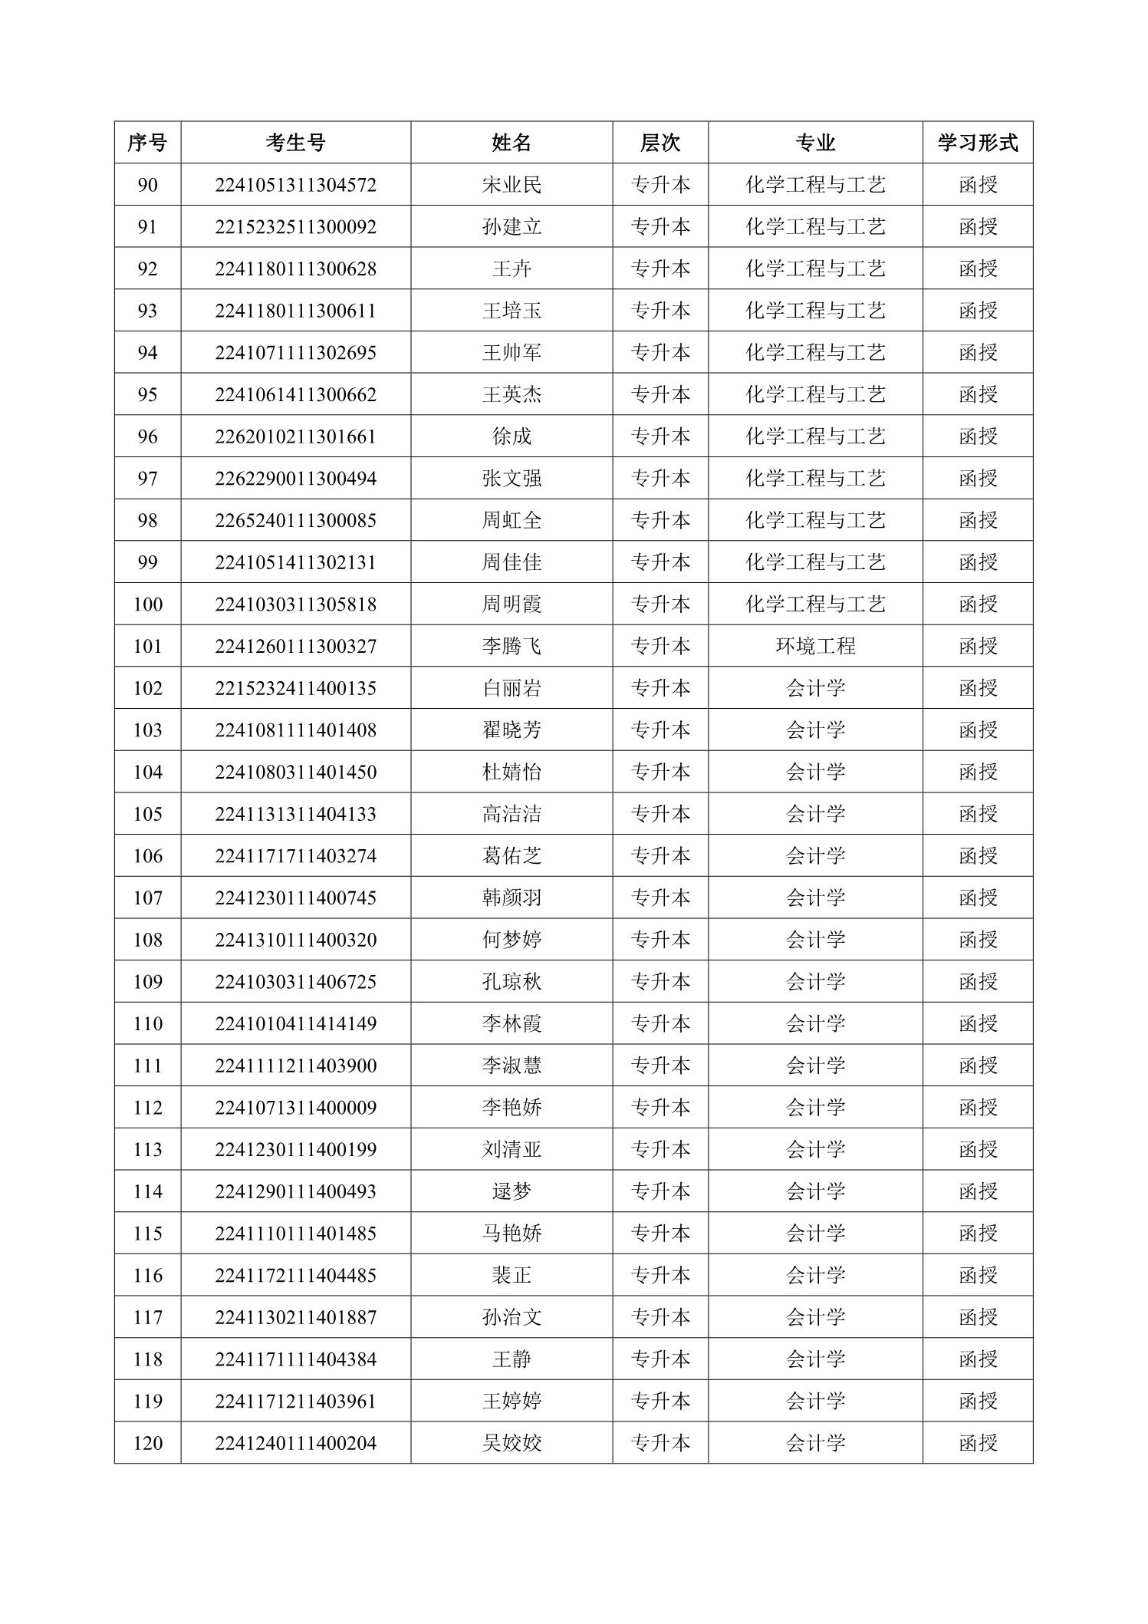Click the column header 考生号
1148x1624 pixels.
[295, 143]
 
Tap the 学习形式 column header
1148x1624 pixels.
[978, 143]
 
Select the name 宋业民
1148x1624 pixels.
[512, 185]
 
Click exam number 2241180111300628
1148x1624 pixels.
[295, 268]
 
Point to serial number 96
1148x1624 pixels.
[147, 436]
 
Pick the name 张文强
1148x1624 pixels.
[512, 479]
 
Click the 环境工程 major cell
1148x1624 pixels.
[815, 646]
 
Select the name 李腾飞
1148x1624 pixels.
[512, 646]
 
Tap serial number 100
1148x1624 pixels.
[147, 604]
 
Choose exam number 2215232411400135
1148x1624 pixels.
[295, 688]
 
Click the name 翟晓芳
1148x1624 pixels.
[512, 730]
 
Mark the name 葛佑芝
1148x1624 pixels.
[512, 855]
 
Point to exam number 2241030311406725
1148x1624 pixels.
[295, 981]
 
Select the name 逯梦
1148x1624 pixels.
[512, 1191]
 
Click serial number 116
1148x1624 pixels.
[147, 1275]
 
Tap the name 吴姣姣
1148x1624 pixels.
[512, 1443]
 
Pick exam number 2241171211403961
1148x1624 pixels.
[295, 1401]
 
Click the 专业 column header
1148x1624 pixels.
[815, 143]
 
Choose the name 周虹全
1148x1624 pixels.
[512, 520]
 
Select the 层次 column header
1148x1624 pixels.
[660, 143]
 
